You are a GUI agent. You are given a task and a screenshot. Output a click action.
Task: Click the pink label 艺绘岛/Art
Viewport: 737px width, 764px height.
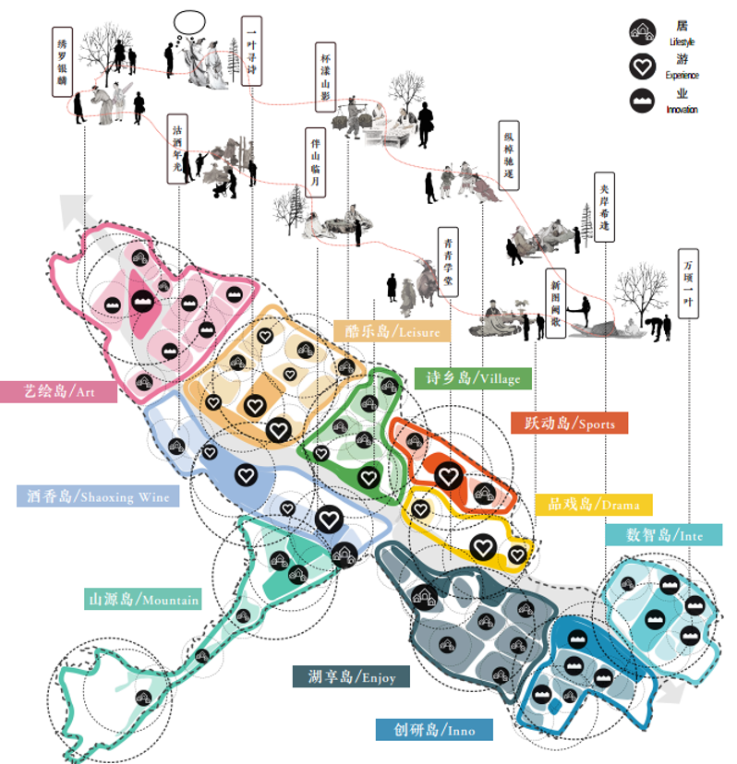[59, 391]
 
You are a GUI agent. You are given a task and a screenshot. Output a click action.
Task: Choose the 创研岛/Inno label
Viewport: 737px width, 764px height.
[434, 729]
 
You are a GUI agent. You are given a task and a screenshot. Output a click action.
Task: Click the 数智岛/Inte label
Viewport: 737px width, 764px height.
[664, 534]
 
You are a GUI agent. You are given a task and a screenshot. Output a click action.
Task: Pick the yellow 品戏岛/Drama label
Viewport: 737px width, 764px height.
[593, 505]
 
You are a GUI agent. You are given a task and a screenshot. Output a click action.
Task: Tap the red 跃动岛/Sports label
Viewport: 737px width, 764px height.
[569, 423]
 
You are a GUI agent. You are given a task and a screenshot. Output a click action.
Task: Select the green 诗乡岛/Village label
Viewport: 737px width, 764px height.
[473, 377]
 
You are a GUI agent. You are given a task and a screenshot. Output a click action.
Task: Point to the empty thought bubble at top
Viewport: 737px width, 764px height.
[189, 19]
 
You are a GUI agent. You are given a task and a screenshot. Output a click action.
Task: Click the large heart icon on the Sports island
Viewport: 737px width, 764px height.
[448, 476]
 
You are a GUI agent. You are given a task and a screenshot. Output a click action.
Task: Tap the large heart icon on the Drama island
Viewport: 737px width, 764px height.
[481, 546]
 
